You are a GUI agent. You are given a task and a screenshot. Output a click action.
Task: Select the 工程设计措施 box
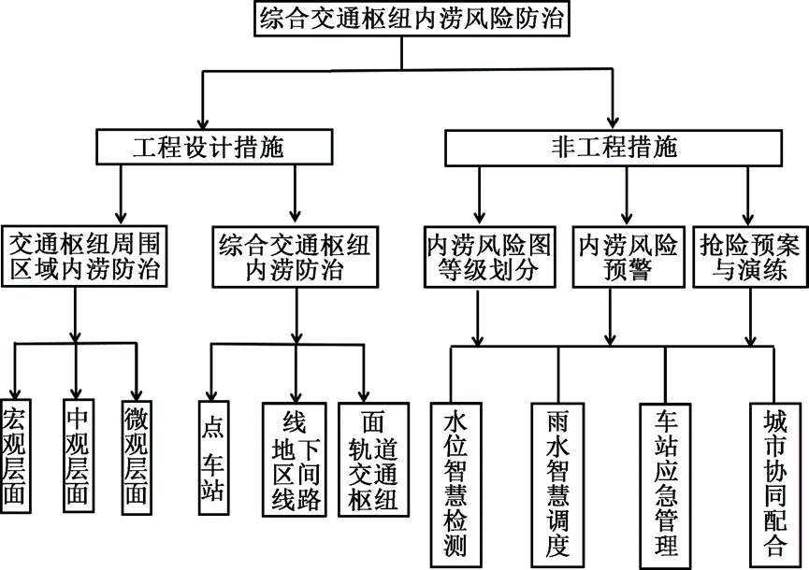coord(213,148)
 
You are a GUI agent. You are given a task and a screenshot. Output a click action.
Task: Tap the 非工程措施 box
coord(614,147)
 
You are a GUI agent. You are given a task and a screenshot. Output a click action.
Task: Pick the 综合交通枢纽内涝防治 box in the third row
coord(295,257)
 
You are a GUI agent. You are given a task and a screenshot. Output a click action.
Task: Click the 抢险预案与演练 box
coord(749,257)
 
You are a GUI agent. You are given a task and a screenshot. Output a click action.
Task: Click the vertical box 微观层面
coord(137,455)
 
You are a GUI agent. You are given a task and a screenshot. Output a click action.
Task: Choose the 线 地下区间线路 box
coord(294,459)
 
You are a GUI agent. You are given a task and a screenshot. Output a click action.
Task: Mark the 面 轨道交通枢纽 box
coord(373,459)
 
